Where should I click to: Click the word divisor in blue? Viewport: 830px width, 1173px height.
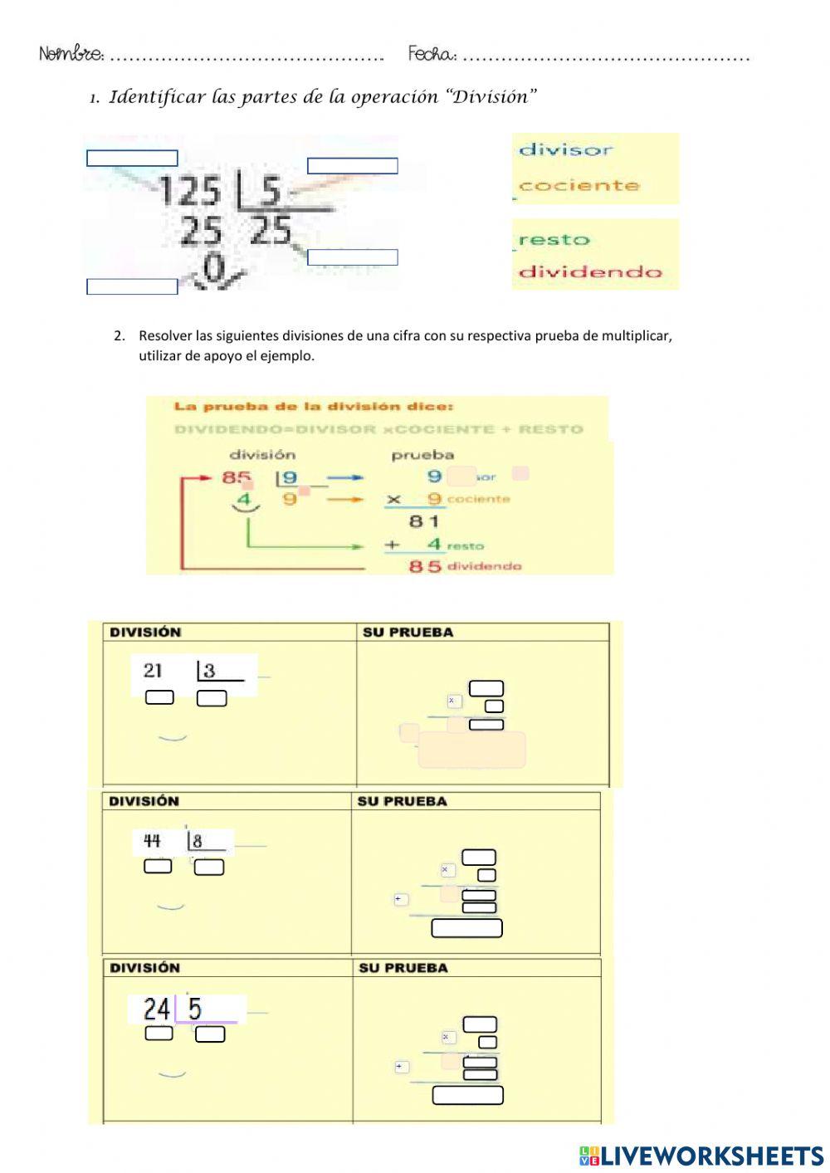point(565,150)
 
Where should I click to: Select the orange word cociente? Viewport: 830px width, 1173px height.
point(579,185)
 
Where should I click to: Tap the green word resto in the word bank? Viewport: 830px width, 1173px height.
point(554,240)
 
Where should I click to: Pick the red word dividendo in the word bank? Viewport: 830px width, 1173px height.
point(590,271)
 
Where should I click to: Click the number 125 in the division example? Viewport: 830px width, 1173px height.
point(190,192)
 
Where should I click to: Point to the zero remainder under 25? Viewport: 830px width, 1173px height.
point(214,267)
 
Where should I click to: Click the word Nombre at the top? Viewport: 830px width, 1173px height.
point(71,55)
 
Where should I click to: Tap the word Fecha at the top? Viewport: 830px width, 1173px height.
point(432,55)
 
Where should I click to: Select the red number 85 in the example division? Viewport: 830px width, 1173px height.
point(237,477)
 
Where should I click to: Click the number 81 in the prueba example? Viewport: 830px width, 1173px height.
point(423,521)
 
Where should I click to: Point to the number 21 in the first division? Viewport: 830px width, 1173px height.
point(153,671)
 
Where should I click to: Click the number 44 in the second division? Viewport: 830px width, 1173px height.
point(152,841)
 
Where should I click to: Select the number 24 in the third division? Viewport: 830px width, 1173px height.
point(156,1009)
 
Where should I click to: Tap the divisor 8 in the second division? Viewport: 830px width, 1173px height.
point(198,841)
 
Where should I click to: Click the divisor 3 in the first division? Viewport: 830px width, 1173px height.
point(209,671)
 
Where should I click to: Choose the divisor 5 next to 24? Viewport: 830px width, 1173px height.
point(195,1009)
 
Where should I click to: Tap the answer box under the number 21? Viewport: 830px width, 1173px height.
point(159,697)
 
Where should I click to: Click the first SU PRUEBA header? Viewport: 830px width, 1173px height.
point(408,633)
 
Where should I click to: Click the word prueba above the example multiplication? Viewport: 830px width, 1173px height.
point(422,455)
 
